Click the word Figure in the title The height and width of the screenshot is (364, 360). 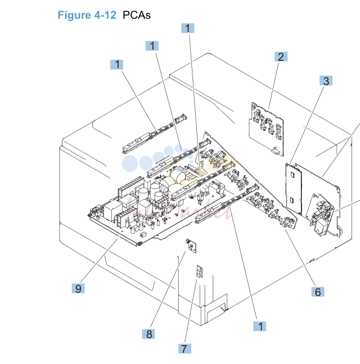click(x=74, y=15)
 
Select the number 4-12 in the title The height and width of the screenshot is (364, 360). click(x=105, y=15)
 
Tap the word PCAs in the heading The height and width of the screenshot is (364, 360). click(x=137, y=15)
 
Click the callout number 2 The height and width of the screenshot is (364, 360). click(x=281, y=57)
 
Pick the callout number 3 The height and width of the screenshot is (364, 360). click(x=326, y=81)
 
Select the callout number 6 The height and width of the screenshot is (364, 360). click(x=318, y=292)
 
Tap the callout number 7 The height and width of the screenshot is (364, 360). click(x=185, y=349)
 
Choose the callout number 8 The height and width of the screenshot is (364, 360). click(x=149, y=334)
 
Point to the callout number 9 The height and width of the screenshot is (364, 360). click(x=79, y=288)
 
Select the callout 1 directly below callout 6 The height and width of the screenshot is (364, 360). click(x=260, y=326)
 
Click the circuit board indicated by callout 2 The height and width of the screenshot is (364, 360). click(x=267, y=129)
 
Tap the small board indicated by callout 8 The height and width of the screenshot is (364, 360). click(x=191, y=246)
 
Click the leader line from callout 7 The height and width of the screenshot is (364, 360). click(x=191, y=310)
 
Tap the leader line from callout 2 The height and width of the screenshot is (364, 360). click(x=274, y=85)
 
